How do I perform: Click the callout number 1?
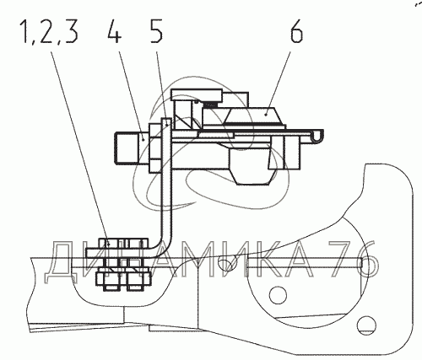26,31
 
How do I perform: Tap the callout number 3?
72,31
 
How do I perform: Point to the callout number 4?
115,31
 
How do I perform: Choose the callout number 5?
156,31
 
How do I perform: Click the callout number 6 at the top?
296,31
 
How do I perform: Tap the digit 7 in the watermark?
342,259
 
